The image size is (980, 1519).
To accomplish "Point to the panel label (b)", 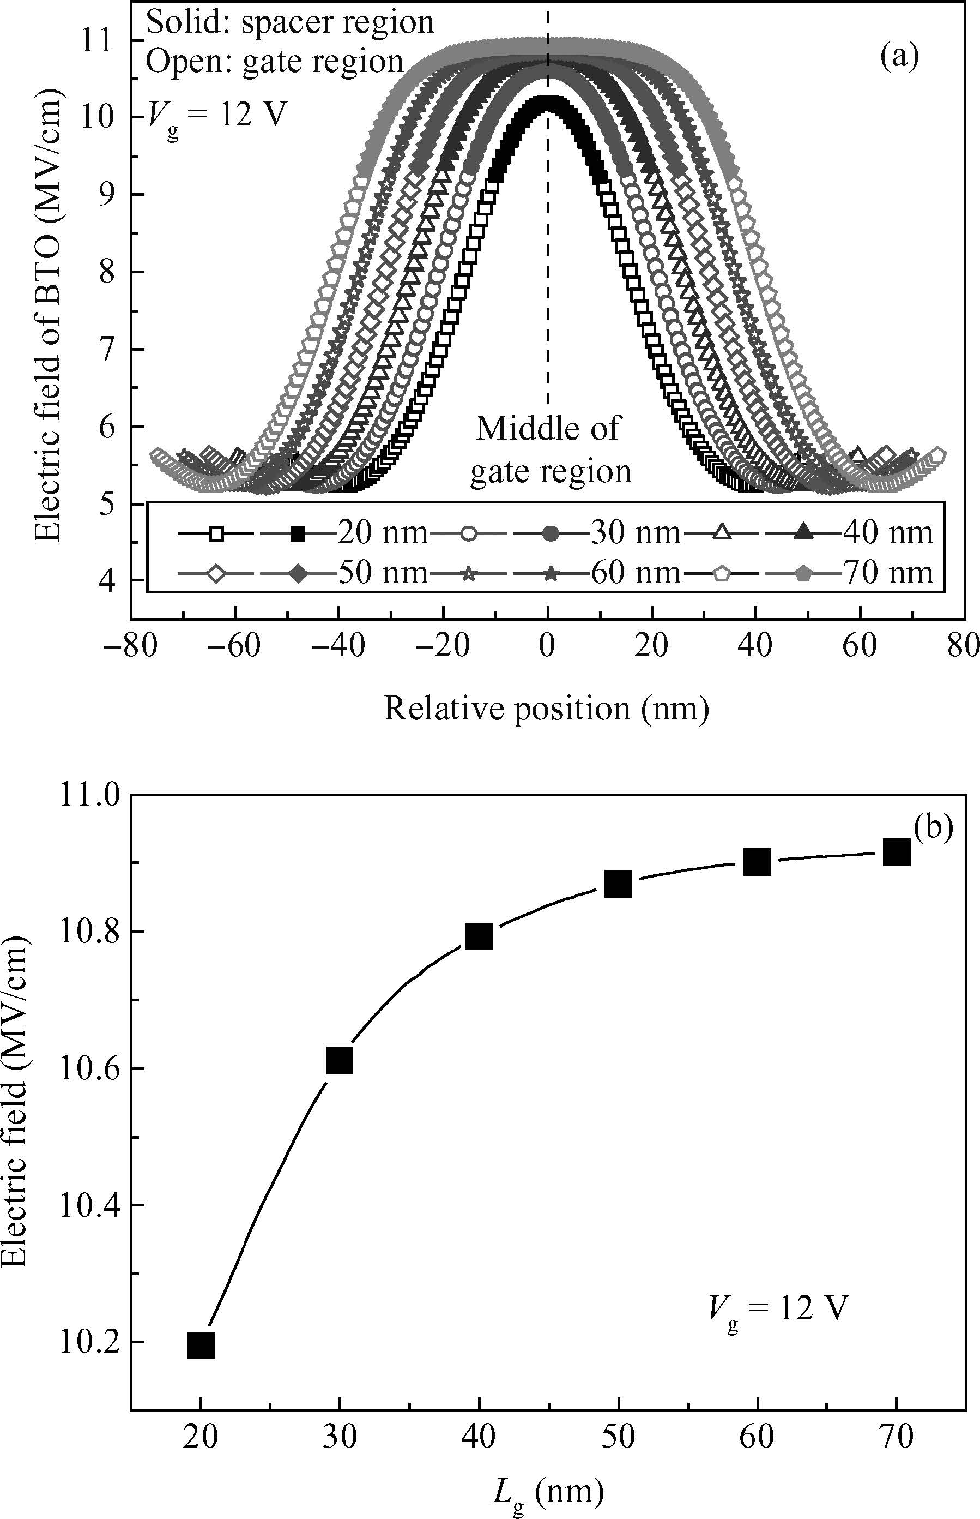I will tap(933, 827).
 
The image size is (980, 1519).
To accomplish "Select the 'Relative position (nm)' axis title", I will tap(546, 709).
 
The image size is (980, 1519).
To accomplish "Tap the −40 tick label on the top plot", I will tap(338, 647).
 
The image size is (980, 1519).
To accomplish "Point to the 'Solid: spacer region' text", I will tap(289, 23).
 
